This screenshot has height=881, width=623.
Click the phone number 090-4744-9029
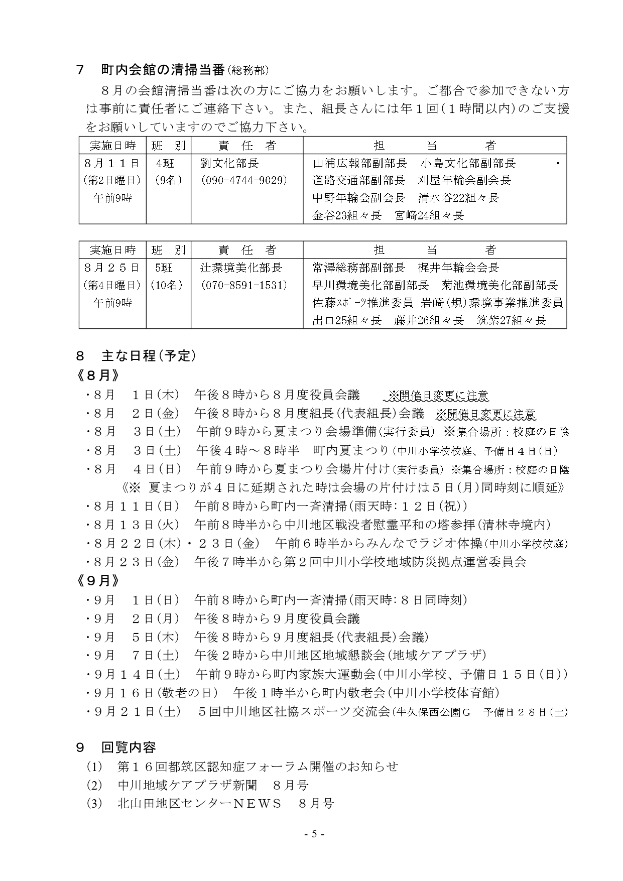point(243,180)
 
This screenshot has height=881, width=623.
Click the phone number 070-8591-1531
point(243,285)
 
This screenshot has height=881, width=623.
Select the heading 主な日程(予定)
point(149,356)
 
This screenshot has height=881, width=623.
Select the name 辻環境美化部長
point(241,268)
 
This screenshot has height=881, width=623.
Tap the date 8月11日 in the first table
point(111,163)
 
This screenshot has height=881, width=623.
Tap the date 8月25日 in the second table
point(111,268)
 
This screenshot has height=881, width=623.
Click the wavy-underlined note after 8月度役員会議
point(436,396)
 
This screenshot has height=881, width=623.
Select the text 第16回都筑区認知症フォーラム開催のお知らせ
point(258,766)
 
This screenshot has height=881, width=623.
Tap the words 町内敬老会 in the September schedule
point(358,693)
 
